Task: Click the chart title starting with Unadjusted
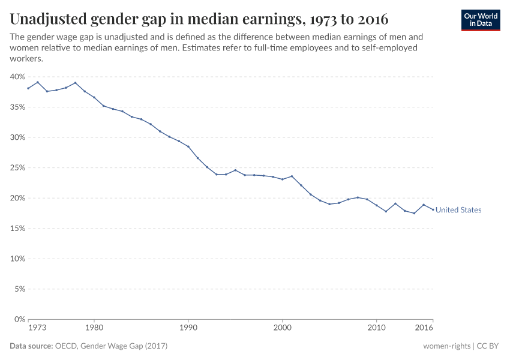pos(199,19)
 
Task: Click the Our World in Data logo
pos(480,20)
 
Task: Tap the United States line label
pos(458,210)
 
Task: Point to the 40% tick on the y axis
pos(17,77)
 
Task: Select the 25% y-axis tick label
pos(17,168)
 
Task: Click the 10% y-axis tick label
pos(17,259)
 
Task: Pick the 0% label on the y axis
pos(19,319)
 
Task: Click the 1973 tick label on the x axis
pos(36,328)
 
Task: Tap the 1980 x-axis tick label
pos(94,328)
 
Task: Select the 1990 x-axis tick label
pos(188,328)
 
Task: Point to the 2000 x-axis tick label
pos(283,328)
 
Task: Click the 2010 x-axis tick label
pos(377,328)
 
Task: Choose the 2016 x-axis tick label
pos(424,328)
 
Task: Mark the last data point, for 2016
pos(433,209)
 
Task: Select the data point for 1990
pos(188,146)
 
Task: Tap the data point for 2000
pos(283,179)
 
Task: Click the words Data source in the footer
pos(31,346)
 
